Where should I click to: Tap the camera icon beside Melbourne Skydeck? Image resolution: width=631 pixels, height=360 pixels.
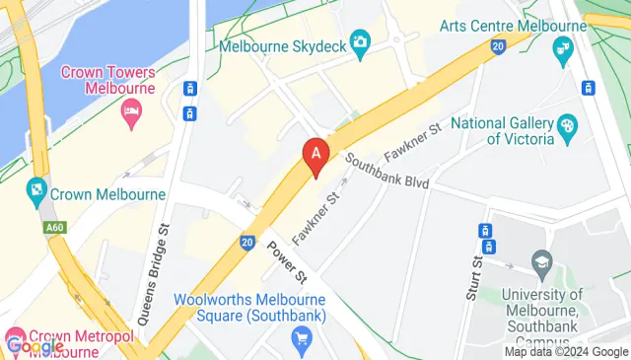(360, 41)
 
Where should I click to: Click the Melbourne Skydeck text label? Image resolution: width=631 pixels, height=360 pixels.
(282, 45)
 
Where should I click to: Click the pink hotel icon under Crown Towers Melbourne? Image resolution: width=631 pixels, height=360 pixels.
(130, 112)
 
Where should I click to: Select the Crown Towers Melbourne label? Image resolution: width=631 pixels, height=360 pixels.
(108, 79)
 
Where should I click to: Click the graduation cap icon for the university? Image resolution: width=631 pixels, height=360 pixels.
(541, 262)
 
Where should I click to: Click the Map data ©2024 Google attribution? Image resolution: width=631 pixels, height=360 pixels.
(566, 352)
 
